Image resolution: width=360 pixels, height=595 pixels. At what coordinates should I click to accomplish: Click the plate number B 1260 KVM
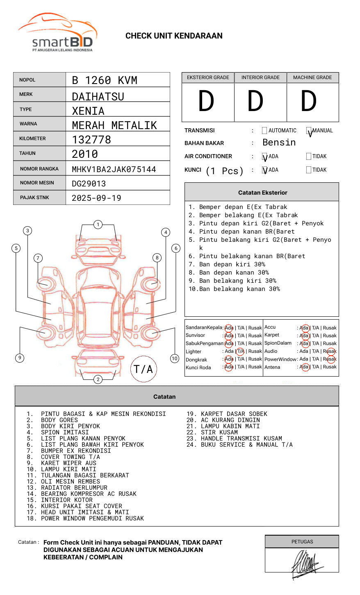105,80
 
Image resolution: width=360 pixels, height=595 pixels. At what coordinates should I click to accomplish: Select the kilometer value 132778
91,140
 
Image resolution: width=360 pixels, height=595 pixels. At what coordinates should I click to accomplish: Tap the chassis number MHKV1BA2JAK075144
114,169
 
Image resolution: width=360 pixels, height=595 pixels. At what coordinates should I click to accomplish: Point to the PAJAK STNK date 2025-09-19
96,198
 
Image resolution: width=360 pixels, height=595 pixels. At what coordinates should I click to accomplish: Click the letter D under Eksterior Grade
206,102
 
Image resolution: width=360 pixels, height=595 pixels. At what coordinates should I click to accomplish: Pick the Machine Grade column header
312,77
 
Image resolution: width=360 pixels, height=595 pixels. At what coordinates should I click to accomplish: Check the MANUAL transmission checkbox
309,131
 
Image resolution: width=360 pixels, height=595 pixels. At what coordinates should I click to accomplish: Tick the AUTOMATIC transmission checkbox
264,131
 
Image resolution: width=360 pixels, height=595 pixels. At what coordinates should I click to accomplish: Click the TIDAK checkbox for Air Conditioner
309,157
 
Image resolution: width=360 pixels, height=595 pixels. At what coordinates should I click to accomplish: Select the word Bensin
279,143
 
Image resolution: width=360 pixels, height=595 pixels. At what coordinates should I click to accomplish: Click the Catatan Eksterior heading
262,193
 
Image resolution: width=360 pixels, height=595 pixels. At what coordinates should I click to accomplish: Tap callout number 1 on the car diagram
98,225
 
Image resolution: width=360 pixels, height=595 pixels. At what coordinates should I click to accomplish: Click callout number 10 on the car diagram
175,359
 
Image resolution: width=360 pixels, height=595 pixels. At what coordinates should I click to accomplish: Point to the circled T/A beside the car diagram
143,369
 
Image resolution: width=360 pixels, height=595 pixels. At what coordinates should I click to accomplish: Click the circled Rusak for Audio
330,351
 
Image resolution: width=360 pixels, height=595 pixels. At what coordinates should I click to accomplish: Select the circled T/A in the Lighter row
240,351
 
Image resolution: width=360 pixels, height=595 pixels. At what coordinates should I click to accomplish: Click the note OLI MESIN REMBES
70,481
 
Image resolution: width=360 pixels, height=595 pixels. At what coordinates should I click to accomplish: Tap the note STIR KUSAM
219,432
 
